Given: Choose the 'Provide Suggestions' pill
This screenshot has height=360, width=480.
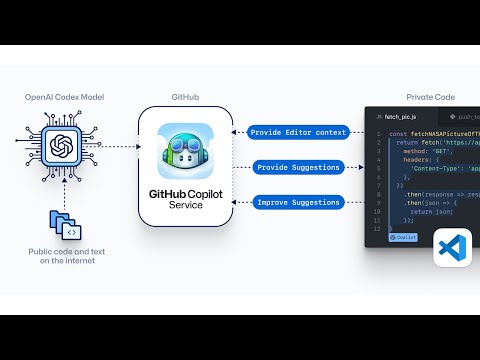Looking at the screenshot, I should [x=297, y=167].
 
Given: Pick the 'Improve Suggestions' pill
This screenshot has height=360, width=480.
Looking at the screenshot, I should [x=297, y=203].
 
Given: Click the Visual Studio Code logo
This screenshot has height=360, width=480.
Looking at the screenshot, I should [x=452, y=247].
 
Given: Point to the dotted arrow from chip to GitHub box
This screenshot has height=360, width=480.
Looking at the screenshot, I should [x=116, y=148].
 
